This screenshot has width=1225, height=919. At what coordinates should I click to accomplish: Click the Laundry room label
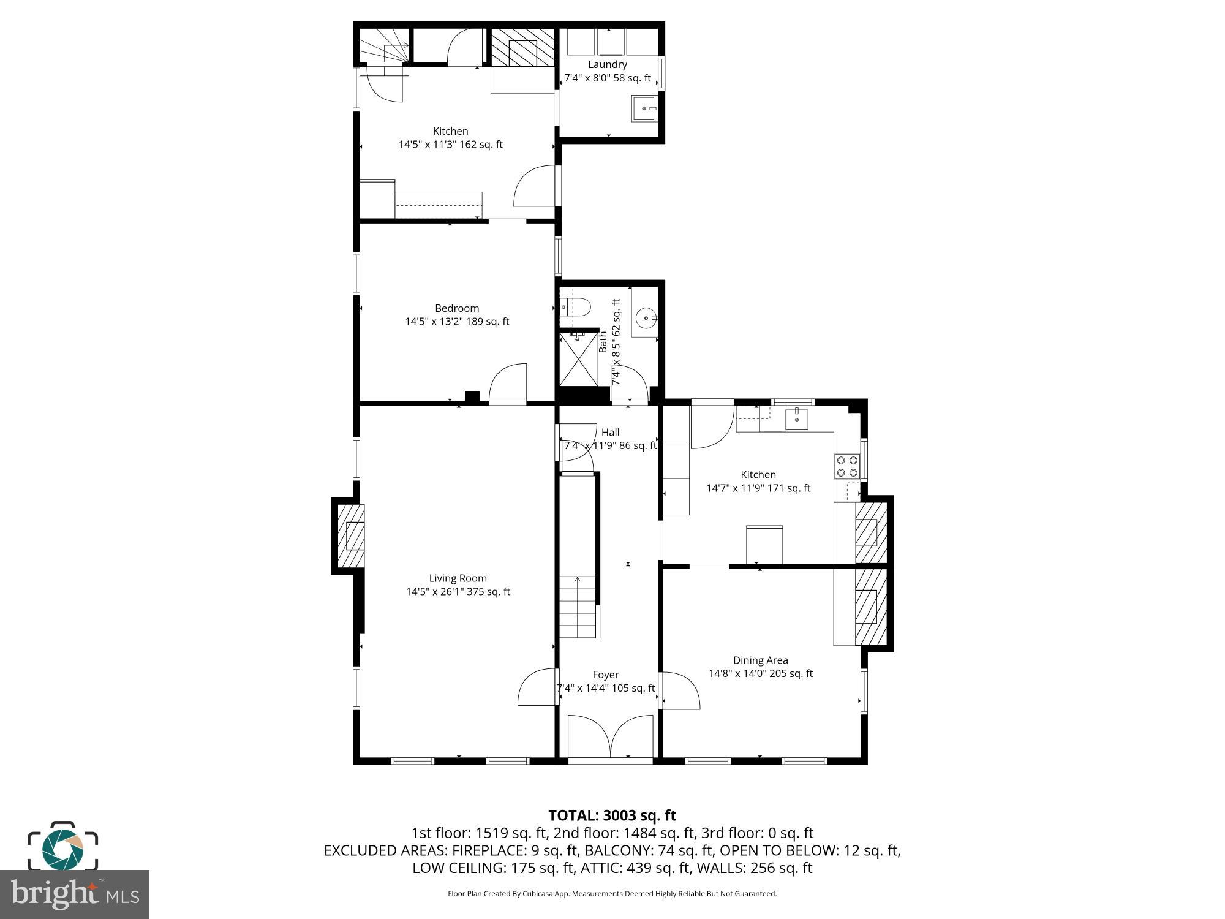[x=608, y=64]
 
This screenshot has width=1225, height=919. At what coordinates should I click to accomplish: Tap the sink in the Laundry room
[x=644, y=108]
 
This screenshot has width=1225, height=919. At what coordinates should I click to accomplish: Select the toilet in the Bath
[x=576, y=306]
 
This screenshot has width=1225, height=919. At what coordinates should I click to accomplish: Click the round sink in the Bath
[x=646, y=319]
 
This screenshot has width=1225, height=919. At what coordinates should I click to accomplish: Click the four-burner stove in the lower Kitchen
[x=847, y=466]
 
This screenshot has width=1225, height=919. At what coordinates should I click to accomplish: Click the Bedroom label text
[x=457, y=308]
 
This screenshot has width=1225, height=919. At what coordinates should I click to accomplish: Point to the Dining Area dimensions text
[x=761, y=674]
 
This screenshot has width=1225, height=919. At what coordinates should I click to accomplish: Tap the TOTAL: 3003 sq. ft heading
[x=612, y=815]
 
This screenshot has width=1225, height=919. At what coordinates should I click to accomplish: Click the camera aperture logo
[x=62, y=847]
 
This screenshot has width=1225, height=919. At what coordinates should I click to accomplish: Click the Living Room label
[x=458, y=578]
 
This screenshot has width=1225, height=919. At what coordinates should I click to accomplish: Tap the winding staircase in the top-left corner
[x=383, y=49]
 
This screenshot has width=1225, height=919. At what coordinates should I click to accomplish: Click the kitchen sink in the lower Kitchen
[x=797, y=419]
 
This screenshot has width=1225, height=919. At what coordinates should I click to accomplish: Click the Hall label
[x=610, y=432]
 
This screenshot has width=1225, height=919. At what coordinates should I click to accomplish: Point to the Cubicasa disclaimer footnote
[x=612, y=894]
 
